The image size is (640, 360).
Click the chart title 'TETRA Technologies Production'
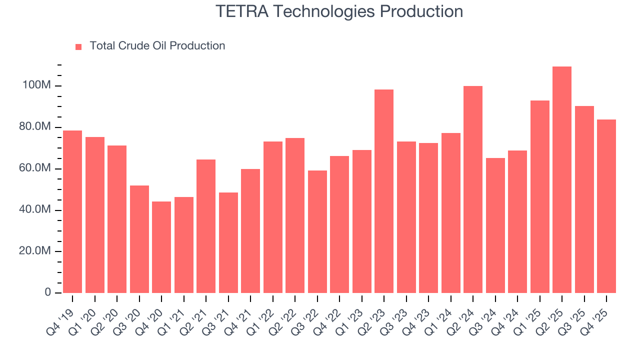tap(339, 11)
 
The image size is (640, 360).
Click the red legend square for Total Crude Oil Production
tap(78, 46)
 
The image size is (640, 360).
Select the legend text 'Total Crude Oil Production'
tap(157, 46)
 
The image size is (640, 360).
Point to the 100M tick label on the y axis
tap(36, 86)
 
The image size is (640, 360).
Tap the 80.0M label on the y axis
tap(34, 127)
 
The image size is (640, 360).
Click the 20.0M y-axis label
tap(34, 251)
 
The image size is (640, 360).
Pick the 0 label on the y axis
tap(47, 292)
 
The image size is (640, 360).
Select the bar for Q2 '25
tap(561, 179)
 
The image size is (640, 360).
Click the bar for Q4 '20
tap(161, 247)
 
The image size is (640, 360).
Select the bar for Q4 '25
tap(606, 206)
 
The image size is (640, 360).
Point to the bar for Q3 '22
tap(317, 231)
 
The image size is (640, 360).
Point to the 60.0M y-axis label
tap(34, 168)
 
